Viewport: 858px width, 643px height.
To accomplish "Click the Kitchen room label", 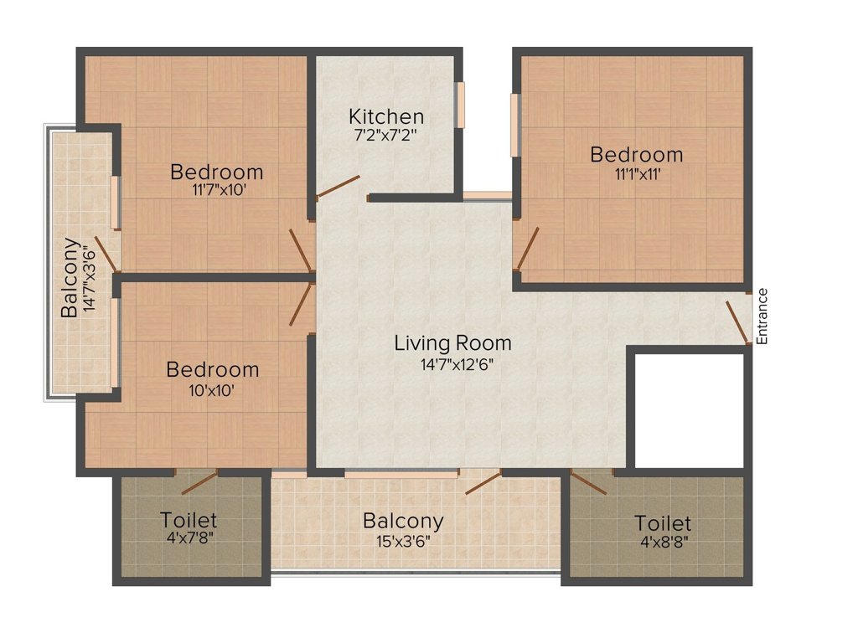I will pos(386,116).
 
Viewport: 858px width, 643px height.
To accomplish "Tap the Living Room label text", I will pos(452,342).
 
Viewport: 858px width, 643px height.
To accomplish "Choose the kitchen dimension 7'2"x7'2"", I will pos(386,134).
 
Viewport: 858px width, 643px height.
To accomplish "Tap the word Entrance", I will pos(762,316).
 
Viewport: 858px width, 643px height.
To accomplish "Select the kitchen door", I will pos(339,187).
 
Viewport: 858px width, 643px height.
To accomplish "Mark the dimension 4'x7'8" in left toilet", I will pos(190,538).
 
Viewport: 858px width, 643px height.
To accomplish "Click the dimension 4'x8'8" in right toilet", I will pos(663,541).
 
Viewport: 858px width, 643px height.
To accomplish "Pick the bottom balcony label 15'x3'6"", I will pos(403,539).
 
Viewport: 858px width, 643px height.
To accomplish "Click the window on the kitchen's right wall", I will pos(459,105).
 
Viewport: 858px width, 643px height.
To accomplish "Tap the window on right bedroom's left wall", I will pos(514,125).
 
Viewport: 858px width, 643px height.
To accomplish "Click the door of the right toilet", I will pos(592,485).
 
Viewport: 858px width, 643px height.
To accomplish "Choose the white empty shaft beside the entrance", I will pos(689,410).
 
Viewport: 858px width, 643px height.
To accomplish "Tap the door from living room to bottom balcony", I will pos(483,482).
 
